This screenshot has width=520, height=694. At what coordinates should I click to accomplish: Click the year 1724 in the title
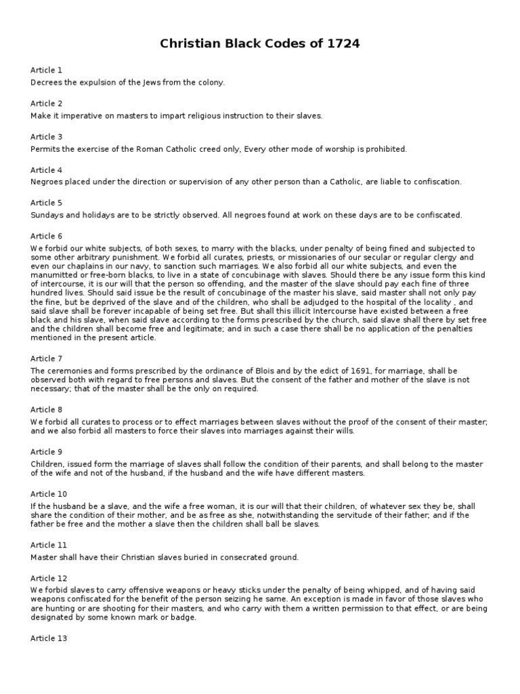click(343, 44)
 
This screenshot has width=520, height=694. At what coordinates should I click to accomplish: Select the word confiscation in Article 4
click(437, 182)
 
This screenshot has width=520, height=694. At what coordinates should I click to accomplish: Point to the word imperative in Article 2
click(73, 115)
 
